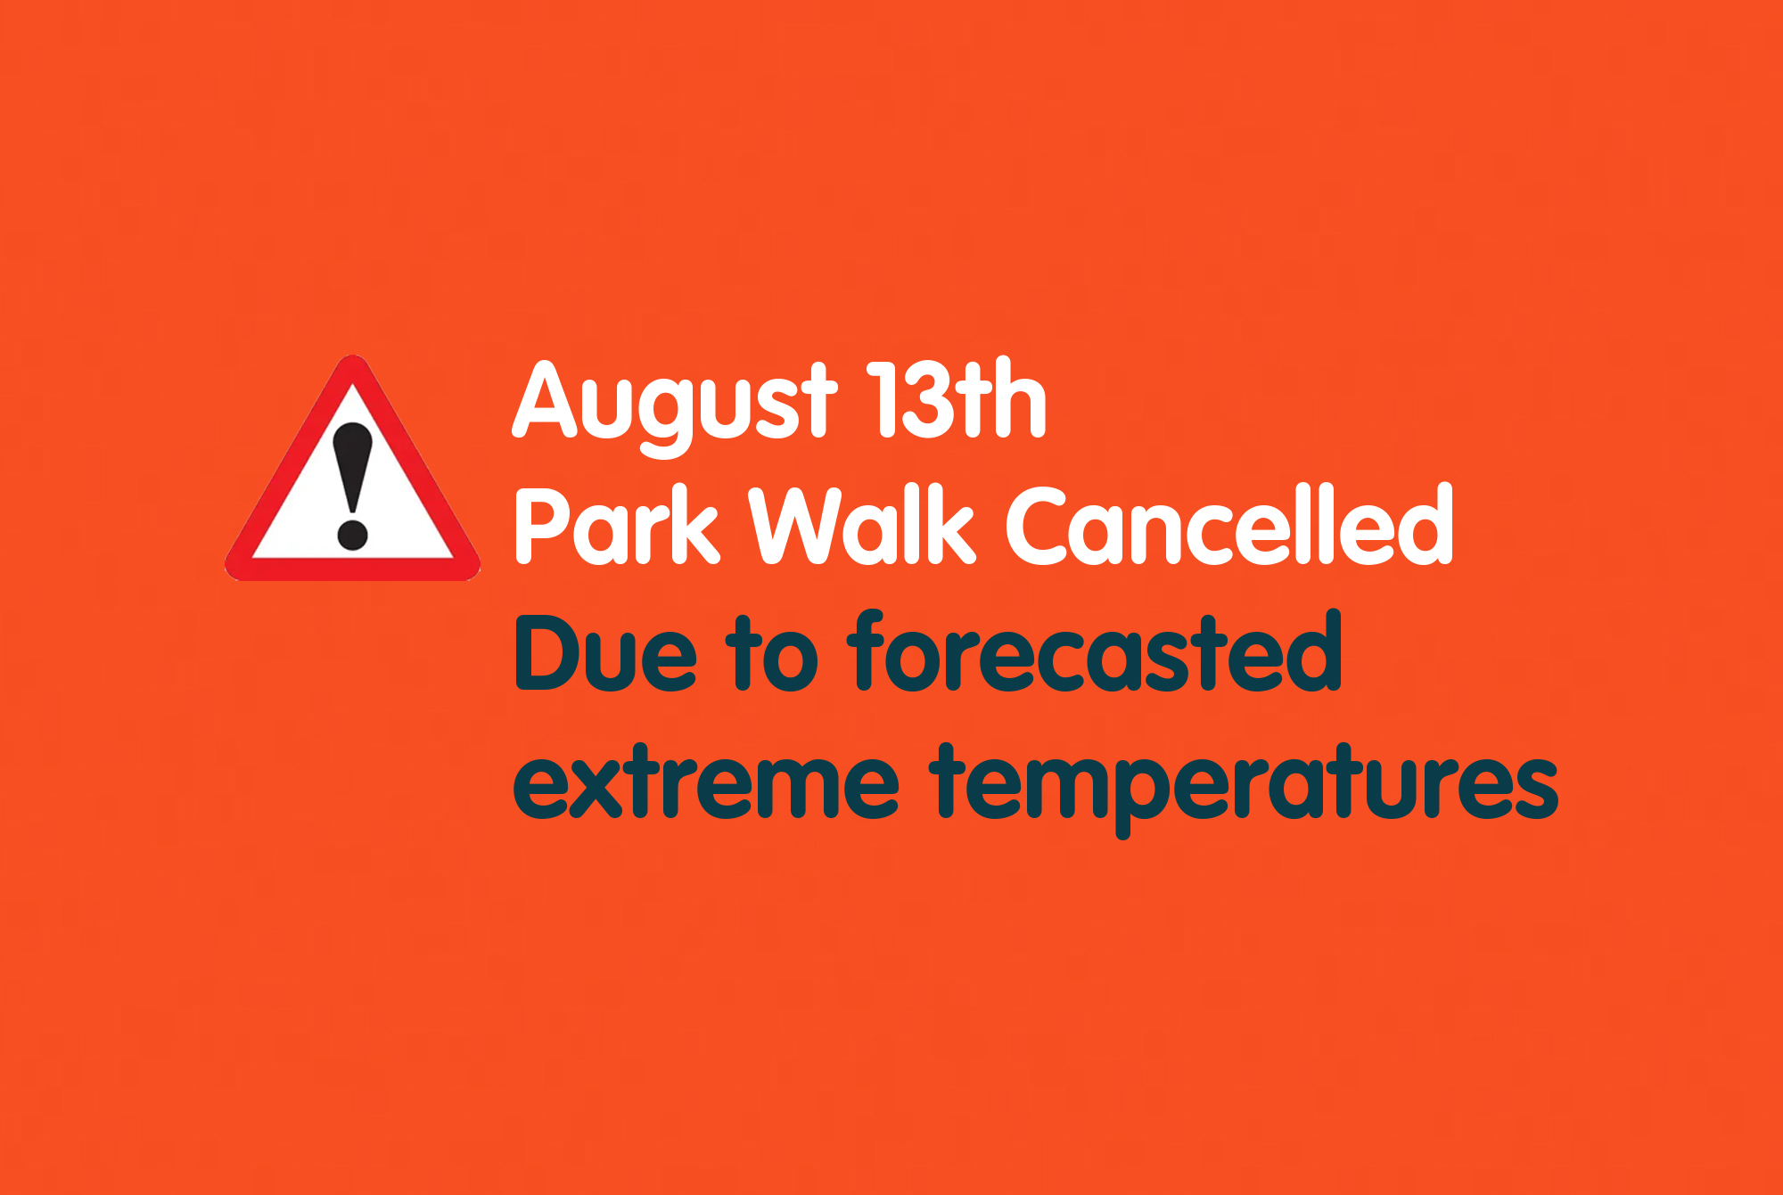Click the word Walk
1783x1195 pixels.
pyautogui.click(x=861, y=525)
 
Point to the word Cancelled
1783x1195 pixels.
pyautogui.click(x=1230, y=525)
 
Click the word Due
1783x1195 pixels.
pyautogui.click(x=605, y=652)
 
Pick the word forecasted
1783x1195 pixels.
pyautogui.click(x=1095, y=651)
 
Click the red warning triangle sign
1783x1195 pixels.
pyautogui.click(x=352, y=470)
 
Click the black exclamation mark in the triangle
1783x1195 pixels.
pyautogui.click(x=352, y=486)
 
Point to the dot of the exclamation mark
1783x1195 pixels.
pyautogui.click(x=352, y=535)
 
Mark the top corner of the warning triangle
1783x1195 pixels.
pyautogui.click(x=353, y=356)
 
